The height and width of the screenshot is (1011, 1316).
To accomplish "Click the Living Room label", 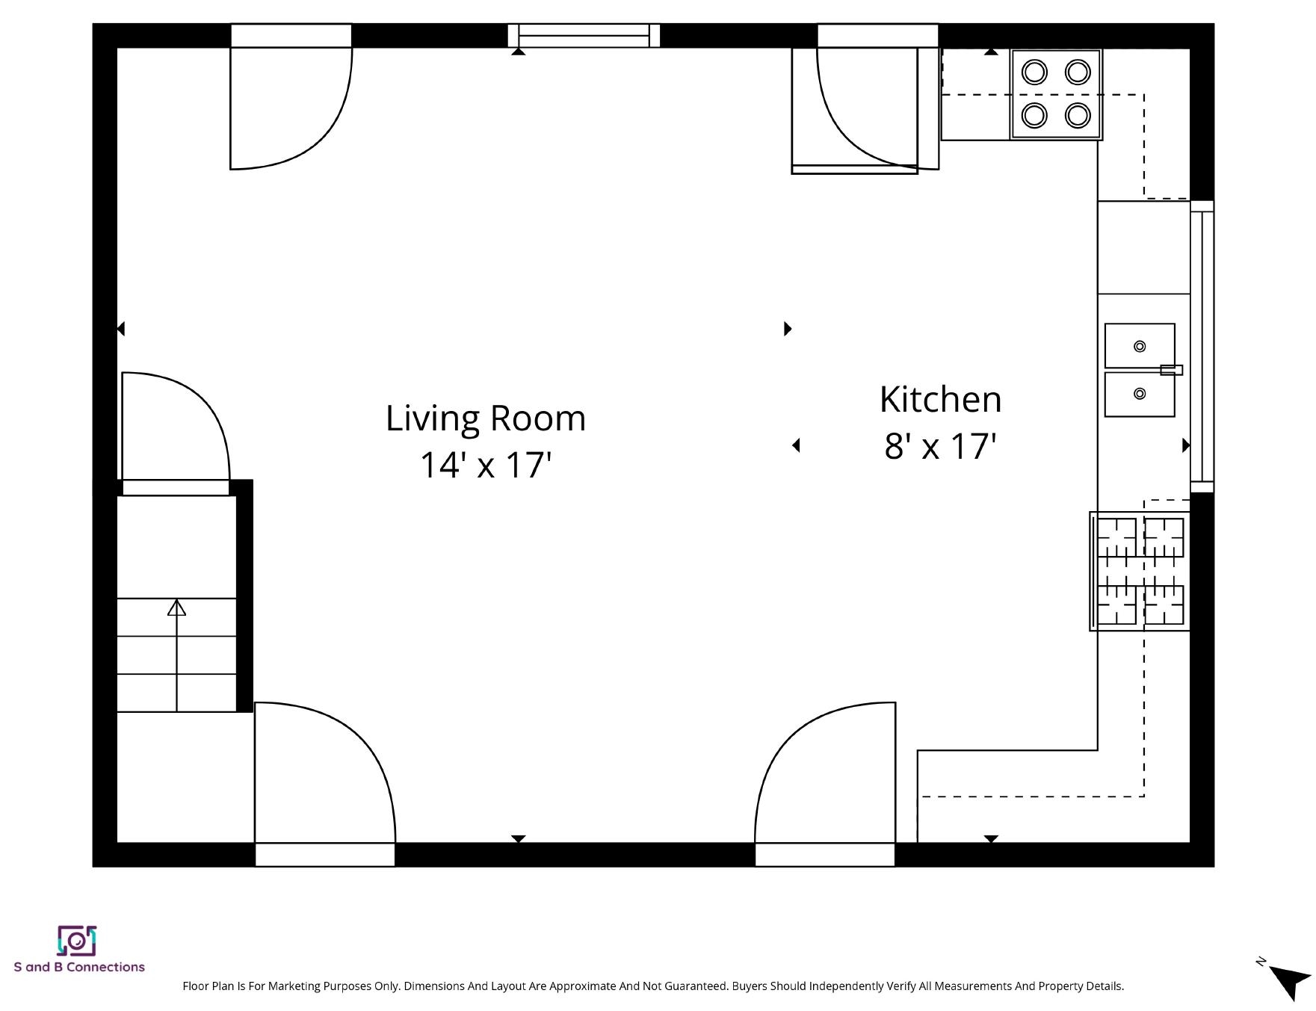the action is tap(486, 418).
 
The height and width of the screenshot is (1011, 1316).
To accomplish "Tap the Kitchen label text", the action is tap(940, 399).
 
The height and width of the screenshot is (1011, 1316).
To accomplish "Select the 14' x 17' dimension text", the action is tap(486, 465).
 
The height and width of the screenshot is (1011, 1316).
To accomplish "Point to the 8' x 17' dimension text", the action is tap(941, 446).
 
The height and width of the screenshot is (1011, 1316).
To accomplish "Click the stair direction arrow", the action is tap(176, 655).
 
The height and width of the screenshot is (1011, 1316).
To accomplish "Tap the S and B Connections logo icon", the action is tap(77, 940).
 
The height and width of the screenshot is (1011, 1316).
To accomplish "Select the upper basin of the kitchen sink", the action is tap(1140, 346).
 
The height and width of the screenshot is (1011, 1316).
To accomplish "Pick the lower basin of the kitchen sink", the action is tap(1140, 394).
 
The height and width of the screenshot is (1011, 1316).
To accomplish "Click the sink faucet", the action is tap(1171, 370).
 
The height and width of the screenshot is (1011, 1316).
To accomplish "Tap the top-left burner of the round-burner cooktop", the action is tap(1034, 72).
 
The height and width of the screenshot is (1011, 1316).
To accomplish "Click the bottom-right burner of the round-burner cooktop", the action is tap(1078, 115).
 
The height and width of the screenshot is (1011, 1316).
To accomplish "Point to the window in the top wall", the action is tap(584, 35).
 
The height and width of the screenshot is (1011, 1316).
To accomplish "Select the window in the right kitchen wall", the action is tap(1202, 346).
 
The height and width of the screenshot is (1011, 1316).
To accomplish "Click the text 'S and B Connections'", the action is tap(79, 967).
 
